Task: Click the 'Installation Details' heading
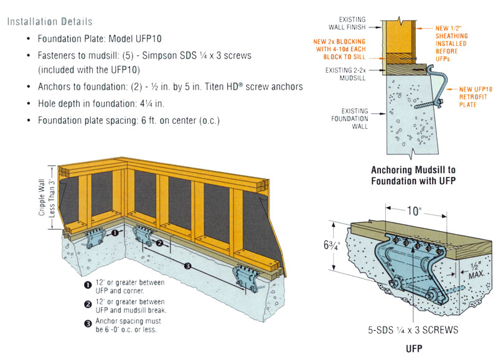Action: (x=50, y=22)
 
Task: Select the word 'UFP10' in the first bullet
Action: (x=148, y=39)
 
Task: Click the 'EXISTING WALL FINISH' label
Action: (x=347, y=24)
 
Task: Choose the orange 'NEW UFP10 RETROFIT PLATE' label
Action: (x=476, y=97)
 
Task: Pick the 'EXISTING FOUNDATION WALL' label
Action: (x=350, y=118)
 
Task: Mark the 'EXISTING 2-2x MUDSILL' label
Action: (x=345, y=74)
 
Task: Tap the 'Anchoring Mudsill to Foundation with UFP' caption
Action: (x=413, y=176)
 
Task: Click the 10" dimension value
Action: (x=413, y=211)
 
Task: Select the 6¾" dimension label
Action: (x=332, y=246)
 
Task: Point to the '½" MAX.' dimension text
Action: (x=476, y=271)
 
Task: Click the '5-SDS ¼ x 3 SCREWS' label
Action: (x=413, y=330)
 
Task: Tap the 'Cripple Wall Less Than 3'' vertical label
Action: (x=46, y=197)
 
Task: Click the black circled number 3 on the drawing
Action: (x=187, y=266)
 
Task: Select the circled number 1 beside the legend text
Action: (x=88, y=285)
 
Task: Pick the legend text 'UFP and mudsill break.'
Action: (x=131, y=310)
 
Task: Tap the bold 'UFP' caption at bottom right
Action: (x=414, y=349)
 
